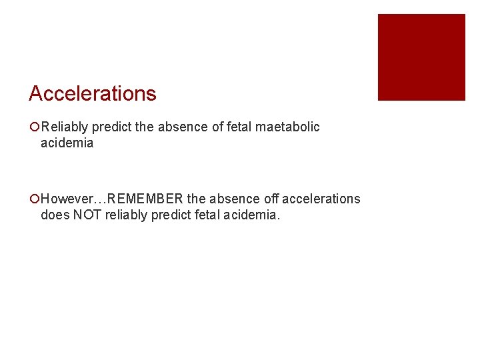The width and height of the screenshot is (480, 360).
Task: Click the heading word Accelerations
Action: [x=92, y=94]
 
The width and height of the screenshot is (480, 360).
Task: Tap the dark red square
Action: [x=421, y=57]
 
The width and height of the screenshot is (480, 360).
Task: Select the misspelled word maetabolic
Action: [x=289, y=127]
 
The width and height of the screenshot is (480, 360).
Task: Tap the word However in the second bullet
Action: [x=69, y=199]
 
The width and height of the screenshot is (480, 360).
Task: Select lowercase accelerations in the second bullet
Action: [x=321, y=199]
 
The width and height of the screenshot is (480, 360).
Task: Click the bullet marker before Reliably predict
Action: [x=34, y=127]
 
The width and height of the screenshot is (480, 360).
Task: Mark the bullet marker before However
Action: [x=34, y=199]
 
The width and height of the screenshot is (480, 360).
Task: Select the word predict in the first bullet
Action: [x=112, y=127]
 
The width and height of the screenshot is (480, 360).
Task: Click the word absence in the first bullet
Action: [x=179, y=127]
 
